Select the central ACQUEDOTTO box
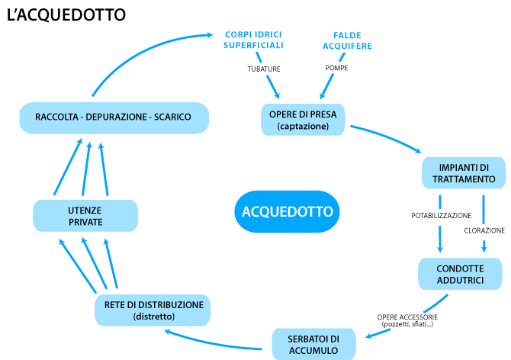(287, 211)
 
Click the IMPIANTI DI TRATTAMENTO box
(464, 173)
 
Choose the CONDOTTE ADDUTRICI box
(460, 275)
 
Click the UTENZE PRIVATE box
(85, 216)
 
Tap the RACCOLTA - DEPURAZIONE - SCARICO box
(113, 117)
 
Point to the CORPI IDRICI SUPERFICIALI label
(253, 40)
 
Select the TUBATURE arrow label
(264, 69)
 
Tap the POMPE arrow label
(336, 69)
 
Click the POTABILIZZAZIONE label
(441, 216)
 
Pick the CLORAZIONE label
(484, 230)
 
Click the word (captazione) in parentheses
(304, 126)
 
